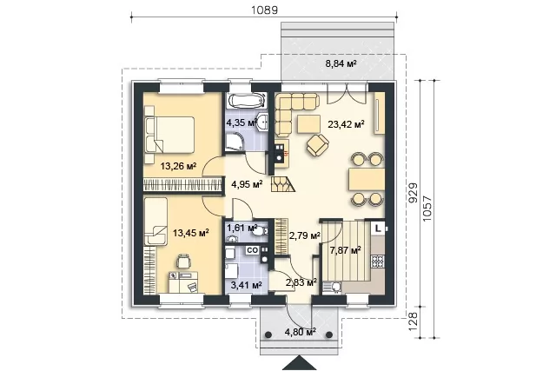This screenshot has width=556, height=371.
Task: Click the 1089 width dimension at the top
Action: click(264, 10)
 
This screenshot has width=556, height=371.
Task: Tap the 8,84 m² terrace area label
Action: click(341, 63)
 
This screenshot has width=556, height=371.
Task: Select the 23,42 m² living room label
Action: click(347, 124)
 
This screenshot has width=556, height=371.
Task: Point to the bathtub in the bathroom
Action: click(246, 100)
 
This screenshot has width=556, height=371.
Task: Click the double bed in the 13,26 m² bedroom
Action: click(169, 134)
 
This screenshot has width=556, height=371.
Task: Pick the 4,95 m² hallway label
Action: click(247, 183)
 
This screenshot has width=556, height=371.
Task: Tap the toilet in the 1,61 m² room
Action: click(261, 231)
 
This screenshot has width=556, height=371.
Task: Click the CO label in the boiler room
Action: click(252, 250)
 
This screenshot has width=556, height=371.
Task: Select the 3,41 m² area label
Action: click(246, 285)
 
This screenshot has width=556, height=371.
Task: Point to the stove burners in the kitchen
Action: click(378, 262)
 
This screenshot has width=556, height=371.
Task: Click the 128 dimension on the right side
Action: click(414, 321)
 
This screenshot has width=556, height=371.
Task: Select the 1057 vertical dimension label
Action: click(427, 209)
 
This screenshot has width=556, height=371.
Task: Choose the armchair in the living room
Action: click(318, 145)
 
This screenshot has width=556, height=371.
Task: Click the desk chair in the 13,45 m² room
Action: click(183, 261)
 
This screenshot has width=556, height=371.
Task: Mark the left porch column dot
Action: click(268, 335)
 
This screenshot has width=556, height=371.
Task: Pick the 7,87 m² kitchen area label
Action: click(346, 251)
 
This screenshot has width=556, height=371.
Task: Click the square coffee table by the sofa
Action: click(309, 124)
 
